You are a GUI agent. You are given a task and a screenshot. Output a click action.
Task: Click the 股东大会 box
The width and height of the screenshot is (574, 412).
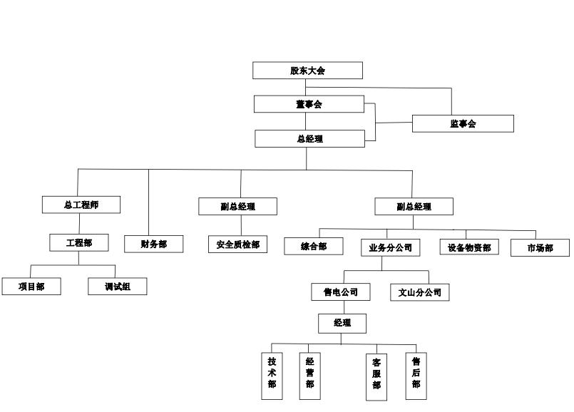click(308, 71)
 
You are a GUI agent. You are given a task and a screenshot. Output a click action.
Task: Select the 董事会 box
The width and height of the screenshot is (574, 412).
click(309, 104)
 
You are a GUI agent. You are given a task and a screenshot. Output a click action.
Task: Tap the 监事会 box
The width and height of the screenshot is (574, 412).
click(463, 123)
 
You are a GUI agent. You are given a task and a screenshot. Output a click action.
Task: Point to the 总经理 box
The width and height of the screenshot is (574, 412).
click(309, 138)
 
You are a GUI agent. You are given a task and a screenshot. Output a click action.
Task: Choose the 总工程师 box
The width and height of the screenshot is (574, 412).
click(81, 205)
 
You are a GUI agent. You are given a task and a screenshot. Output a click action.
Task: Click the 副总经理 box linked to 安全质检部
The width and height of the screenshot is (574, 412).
click(237, 207)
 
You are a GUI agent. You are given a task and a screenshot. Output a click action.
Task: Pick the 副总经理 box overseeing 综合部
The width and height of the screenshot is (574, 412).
click(414, 207)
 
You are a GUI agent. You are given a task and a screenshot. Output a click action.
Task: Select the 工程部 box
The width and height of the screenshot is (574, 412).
click(78, 242)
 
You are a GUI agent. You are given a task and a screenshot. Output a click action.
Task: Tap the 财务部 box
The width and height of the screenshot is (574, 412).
click(154, 244)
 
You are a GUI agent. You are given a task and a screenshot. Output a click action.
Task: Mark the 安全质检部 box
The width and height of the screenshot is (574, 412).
click(237, 244)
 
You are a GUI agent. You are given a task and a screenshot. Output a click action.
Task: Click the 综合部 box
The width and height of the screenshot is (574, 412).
click(313, 246)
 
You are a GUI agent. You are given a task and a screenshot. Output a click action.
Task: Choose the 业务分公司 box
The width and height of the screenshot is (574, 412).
click(389, 247)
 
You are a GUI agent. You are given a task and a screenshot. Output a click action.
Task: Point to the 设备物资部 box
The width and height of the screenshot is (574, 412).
click(468, 247)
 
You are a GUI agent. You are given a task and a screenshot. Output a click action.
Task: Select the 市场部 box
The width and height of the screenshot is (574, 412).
click(540, 247)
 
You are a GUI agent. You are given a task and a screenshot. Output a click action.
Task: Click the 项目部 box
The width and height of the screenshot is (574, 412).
click(31, 286)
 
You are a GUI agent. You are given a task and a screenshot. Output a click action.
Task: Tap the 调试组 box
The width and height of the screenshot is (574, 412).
click(117, 286)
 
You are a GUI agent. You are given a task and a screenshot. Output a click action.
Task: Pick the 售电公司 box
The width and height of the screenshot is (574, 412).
click(341, 292)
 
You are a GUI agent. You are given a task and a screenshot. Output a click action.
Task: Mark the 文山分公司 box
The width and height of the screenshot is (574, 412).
click(419, 292)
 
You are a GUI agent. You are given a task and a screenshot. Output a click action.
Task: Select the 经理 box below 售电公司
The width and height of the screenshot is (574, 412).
click(342, 323)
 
